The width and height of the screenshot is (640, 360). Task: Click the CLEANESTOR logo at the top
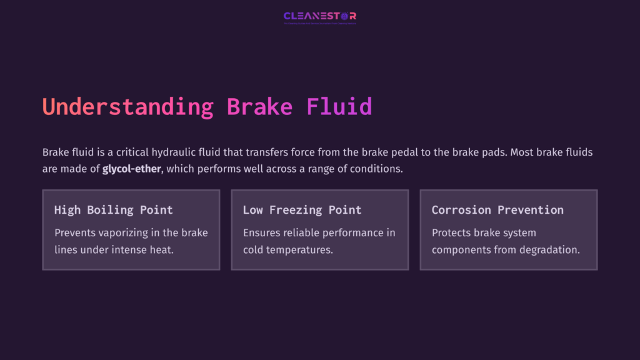point(319,16)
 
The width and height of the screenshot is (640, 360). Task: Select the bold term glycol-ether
point(132,169)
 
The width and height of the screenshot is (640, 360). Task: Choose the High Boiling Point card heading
point(113,210)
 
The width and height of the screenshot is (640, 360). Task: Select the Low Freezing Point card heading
point(302,210)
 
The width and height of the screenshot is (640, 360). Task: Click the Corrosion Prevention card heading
point(497,210)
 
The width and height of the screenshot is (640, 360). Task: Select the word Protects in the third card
point(452,233)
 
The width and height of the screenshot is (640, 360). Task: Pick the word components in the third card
point(463,250)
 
